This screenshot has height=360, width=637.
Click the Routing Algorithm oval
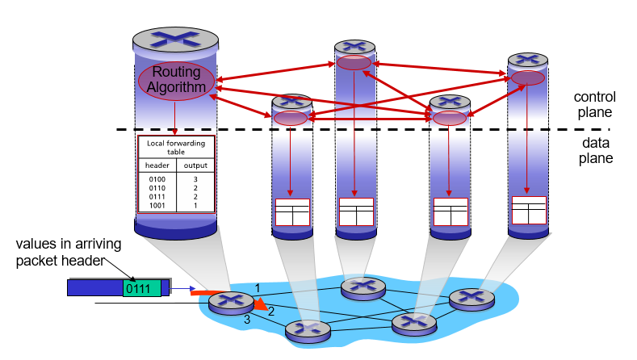[x=176, y=80]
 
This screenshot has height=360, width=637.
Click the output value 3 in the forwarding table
[x=195, y=178]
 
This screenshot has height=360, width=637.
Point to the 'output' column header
[x=195, y=165]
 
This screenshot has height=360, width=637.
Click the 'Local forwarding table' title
[x=176, y=146]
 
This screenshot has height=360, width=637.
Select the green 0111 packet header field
[x=142, y=287]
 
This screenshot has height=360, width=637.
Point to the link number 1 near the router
[x=258, y=287]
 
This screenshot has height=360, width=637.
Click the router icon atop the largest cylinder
[x=175, y=39]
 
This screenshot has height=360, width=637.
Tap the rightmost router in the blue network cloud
[x=471, y=298]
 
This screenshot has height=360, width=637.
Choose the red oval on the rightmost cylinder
[x=528, y=78]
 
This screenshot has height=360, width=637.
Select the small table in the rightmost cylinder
[x=529, y=210]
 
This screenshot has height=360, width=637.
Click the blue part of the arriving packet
[x=94, y=287]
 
